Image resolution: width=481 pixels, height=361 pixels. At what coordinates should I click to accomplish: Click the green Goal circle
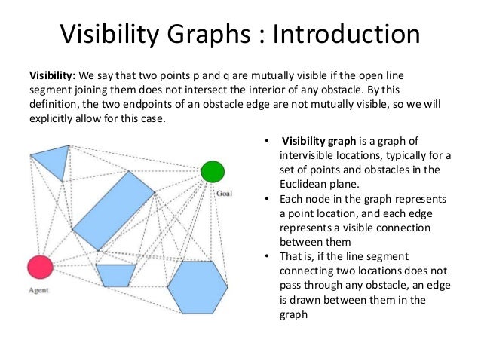(x=213, y=172)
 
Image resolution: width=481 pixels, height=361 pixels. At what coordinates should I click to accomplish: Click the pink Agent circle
(x=40, y=267)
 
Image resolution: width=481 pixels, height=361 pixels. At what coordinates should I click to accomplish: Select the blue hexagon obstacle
(x=197, y=286)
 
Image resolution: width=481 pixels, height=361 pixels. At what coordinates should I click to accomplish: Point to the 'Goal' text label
(x=224, y=194)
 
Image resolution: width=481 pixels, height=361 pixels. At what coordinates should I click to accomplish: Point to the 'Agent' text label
(x=38, y=289)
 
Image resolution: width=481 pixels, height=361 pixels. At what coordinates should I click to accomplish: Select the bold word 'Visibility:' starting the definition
(x=51, y=76)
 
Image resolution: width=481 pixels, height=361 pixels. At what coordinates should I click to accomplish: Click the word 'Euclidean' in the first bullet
(x=303, y=183)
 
